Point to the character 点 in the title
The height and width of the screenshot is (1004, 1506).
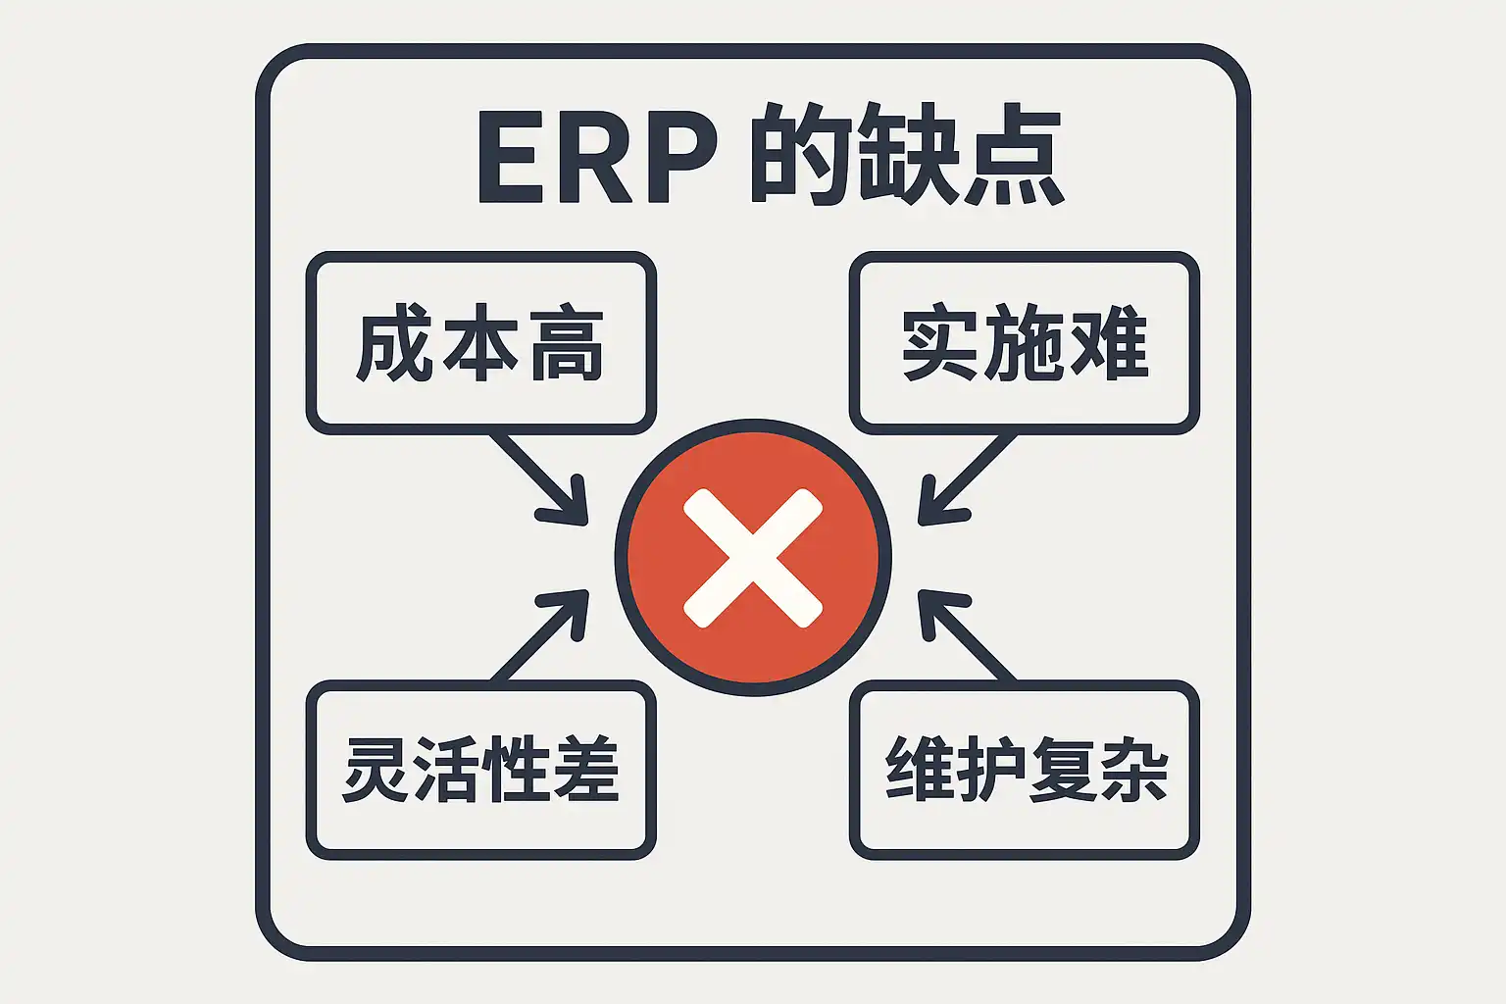(1014, 157)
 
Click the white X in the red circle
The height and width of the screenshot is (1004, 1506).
(752, 557)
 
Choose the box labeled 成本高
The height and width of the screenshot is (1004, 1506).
(480, 343)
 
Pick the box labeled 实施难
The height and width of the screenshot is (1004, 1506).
(1025, 343)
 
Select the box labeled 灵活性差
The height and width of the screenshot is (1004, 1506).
(480, 770)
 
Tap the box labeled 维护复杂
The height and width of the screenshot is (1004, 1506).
(1025, 770)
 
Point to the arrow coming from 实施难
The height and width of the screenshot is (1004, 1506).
(966, 480)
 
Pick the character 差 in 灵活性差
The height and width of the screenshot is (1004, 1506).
(586, 770)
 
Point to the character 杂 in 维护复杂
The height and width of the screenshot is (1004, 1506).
(1133, 770)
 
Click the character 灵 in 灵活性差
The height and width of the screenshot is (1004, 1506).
(377, 770)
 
